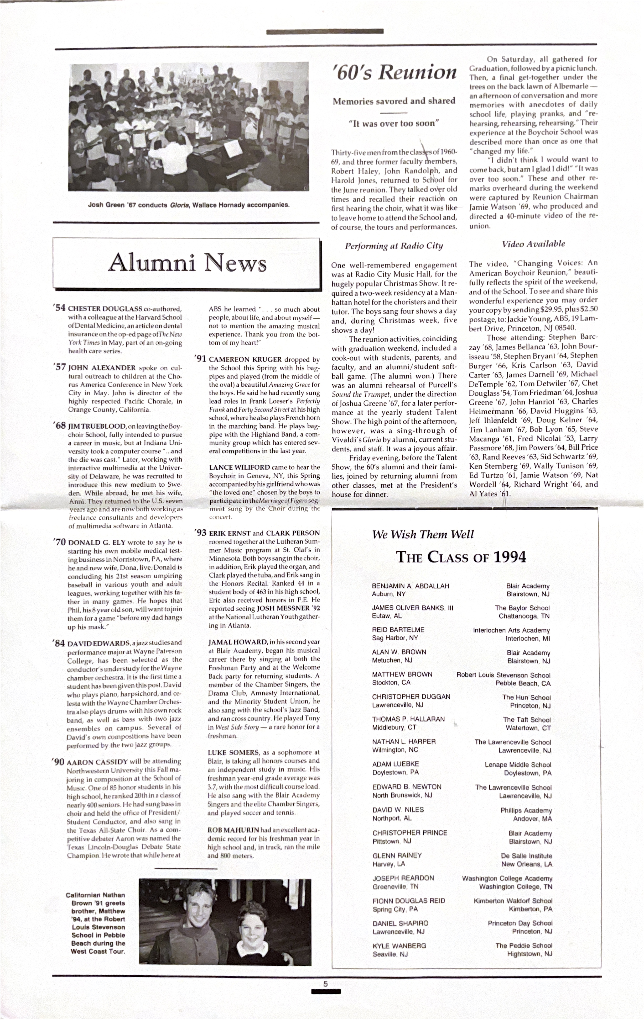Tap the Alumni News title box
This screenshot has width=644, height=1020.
[186, 263]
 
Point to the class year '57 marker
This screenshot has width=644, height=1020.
[59, 367]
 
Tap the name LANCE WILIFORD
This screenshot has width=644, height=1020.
[239, 467]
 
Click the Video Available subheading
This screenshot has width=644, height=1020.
[533, 244]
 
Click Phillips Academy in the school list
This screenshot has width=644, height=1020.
[526, 810]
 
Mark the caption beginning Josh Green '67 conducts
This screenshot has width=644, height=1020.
[189, 205]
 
